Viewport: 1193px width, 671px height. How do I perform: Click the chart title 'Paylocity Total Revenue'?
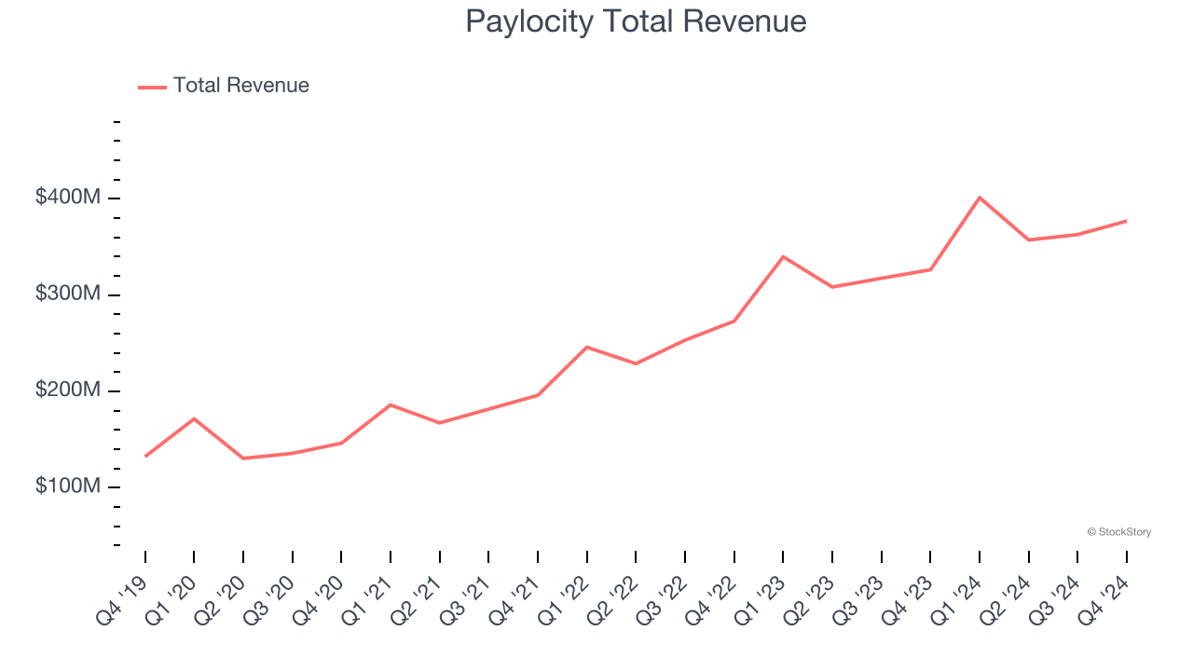point(636,21)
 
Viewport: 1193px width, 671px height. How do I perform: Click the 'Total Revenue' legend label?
point(240,86)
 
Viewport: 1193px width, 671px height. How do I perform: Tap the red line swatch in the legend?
point(152,87)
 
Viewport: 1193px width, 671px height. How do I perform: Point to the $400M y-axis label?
point(67,198)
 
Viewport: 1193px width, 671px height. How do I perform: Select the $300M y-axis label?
point(67,294)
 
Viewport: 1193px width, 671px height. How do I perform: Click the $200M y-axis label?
point(67,390)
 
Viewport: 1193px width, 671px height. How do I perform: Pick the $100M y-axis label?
point(67,486)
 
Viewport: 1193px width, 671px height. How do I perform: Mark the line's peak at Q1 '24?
point(980,198)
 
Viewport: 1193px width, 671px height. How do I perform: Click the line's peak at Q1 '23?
point(783,256)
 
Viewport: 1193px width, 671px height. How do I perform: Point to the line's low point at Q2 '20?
point(243,459)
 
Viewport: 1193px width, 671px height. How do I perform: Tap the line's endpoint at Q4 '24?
point(1126,221)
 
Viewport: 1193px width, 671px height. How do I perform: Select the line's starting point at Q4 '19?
point(145,456)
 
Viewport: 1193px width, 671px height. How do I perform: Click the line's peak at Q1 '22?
point(586,347)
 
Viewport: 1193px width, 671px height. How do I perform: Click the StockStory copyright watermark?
point(1118,532)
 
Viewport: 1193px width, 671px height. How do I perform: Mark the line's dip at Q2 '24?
point(1029,240)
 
